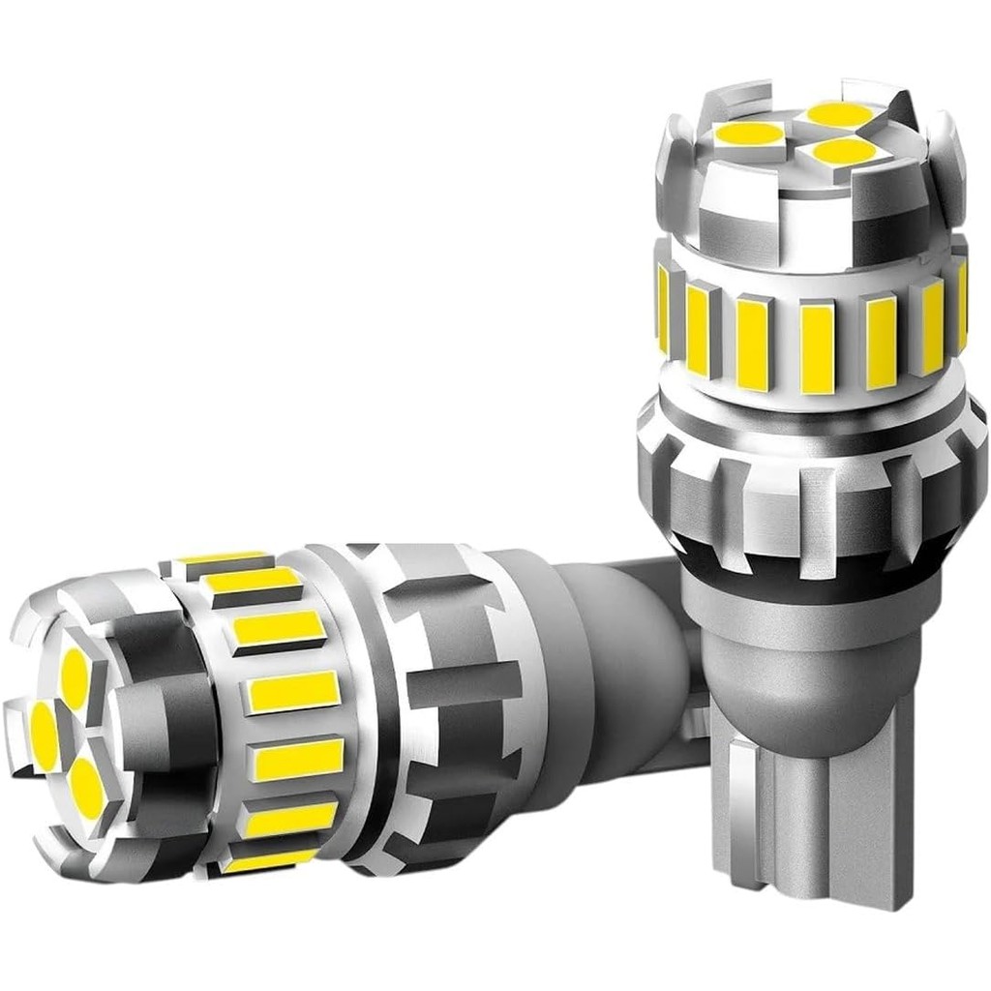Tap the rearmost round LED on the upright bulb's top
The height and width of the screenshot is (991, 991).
point(839,113)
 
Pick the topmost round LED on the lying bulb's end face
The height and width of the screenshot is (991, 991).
point(74,676)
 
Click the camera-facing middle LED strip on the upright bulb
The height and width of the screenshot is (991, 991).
point(818,345)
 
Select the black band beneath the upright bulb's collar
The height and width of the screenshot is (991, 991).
point(813,566)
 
